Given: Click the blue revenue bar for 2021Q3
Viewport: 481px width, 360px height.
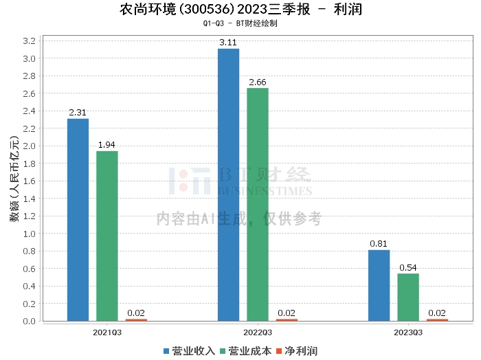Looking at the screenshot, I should click(x=78, y=220).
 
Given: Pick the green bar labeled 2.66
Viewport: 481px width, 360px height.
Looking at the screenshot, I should click(x=257, y=204).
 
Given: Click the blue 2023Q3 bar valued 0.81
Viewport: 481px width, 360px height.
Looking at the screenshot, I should click(x=379, y=285).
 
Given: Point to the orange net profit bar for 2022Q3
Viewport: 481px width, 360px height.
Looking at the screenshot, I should click(x=287, y=319).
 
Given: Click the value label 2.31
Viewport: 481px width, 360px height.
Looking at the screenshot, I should click(x=78, y=113).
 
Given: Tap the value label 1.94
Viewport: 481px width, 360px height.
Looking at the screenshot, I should click(x=107, y=145).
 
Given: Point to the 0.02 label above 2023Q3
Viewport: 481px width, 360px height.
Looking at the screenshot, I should click(x=437, y=313).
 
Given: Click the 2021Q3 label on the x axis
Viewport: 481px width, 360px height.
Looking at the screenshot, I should click(x=107, y=332).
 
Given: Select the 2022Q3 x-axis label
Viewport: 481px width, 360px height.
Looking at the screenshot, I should click(x=258, y=332).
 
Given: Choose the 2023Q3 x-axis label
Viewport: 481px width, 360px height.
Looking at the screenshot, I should click(x=408, y=332).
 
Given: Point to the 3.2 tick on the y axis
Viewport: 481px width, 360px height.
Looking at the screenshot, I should click(x=29, y=41).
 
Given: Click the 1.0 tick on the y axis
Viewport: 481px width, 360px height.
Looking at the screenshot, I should click(x=29, y=234).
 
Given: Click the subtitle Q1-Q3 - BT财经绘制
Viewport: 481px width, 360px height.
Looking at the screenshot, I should click(x=240, y=23).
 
